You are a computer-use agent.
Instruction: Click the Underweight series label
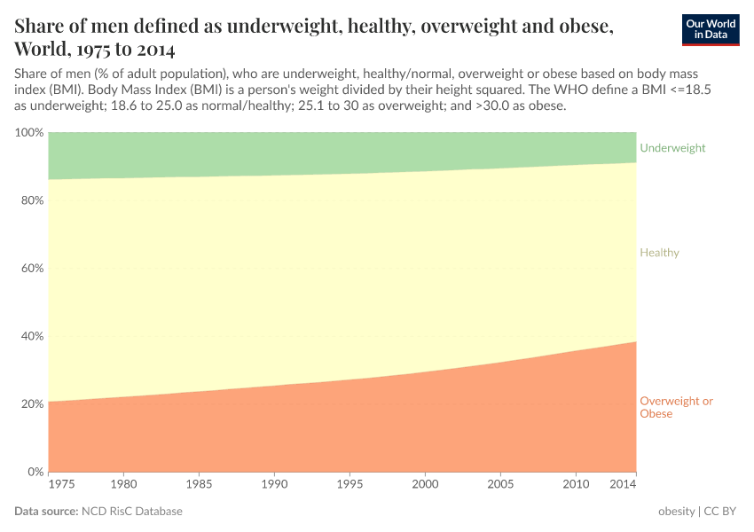(672, 148)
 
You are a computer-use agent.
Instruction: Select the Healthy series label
(659, 253)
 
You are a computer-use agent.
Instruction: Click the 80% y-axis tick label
(30, 200)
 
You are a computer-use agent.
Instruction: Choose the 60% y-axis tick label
(30, 269)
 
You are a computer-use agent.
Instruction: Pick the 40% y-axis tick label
(30, 336)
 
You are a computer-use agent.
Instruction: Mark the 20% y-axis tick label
(30, 404)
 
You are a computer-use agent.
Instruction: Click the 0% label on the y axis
(34, 472)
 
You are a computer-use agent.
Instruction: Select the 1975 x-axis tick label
(61, 485)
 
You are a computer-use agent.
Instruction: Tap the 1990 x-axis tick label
(275, 485)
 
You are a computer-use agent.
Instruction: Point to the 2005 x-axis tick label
(501, 485)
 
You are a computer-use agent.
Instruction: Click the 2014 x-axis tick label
(623, 485)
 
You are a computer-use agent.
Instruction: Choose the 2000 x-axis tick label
(426, 485)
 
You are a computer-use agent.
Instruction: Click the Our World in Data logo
(710, 29)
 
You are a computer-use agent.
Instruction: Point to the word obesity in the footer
(676, 512)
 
